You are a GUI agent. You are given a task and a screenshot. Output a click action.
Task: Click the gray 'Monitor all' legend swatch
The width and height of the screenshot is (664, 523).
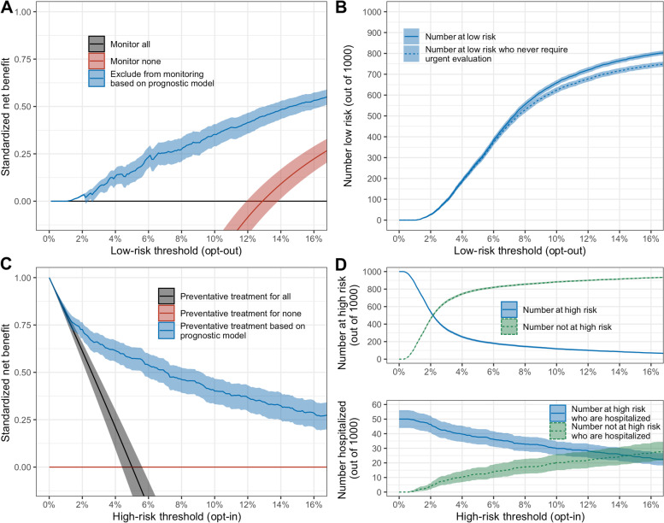(97, 43)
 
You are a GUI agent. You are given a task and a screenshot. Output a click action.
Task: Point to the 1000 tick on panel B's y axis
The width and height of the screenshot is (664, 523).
(380, 13)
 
